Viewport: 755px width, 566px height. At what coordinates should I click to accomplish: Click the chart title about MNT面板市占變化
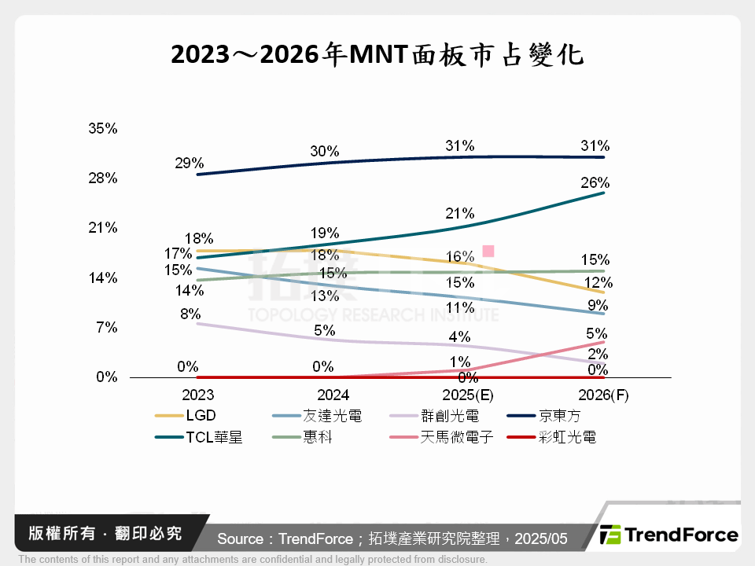pos(377,54)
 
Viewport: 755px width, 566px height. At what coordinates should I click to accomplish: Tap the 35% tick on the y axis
pos(102,128)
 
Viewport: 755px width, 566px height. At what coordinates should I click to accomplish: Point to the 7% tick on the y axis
pos(106,328)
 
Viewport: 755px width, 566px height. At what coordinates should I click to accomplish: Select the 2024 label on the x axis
pos(322,395)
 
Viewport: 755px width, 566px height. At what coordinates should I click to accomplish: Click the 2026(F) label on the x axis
pos(602,395)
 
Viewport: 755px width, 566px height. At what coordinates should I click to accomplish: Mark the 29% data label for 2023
pos(190,164)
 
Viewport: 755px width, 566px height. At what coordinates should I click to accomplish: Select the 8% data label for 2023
pos(190,314)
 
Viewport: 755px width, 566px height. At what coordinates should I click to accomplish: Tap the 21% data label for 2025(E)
pos(459,213)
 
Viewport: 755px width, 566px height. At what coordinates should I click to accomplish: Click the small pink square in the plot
pos(488,251)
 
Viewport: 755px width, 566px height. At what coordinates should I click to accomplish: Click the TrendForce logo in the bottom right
pos(668,535)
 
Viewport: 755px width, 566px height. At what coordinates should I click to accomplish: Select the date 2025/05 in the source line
pos(542,538)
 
